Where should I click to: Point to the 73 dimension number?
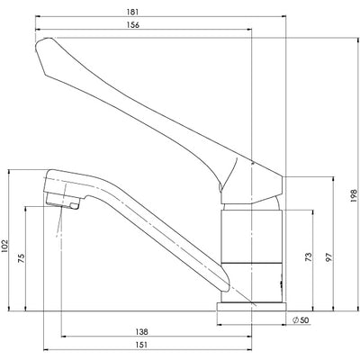point(307,257)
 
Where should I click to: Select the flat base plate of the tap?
point(252,308)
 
